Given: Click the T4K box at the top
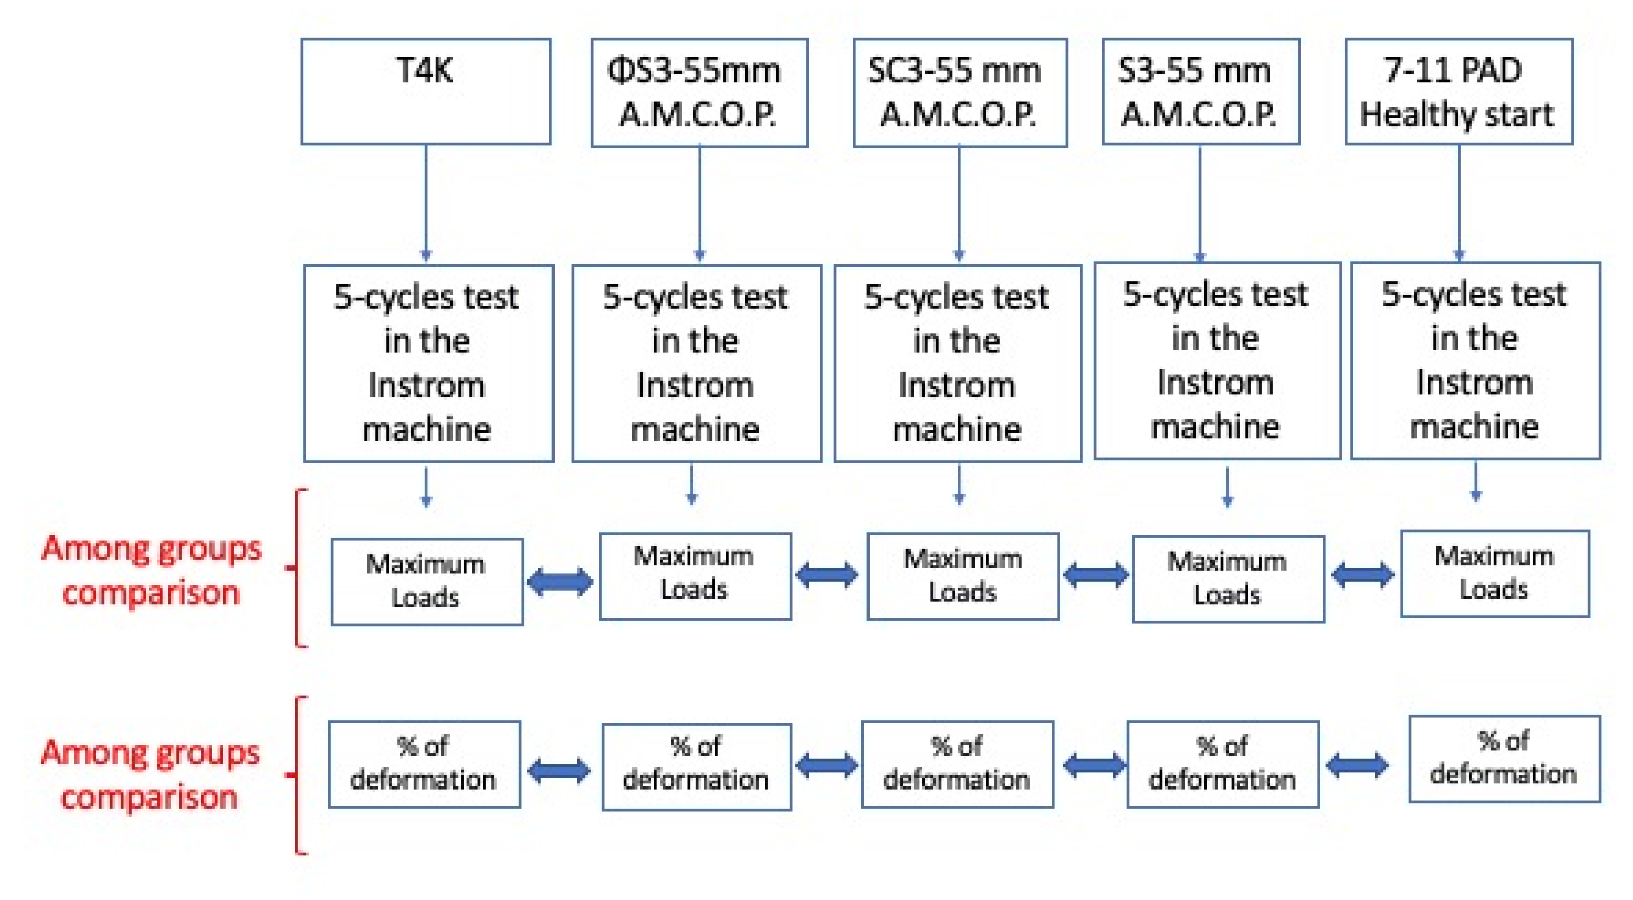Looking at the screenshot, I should (x=425, y=91).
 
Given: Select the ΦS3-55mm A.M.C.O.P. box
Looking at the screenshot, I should (x=699, y=93).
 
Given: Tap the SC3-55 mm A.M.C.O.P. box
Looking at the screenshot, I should (x=959, y=93).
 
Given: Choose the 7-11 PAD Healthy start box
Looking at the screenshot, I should (x=1459, y=91).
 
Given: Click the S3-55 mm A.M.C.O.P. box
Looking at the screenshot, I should (x=1200, y=91).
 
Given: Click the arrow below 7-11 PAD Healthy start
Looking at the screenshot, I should (x=1459, y=202).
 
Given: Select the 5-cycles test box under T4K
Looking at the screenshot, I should (x=428, y=364).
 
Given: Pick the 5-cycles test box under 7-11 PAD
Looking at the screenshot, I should (x=1475, y=361).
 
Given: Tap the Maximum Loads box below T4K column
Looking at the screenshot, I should (x=427, y=582).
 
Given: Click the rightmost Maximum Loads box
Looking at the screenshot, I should (x=1494, y=573).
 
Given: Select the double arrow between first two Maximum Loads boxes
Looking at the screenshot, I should (x=560, y=582).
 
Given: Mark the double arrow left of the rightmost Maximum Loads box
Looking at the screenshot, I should (x=1362, y=575).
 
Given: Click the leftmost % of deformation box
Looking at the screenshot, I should (x=424, y=763).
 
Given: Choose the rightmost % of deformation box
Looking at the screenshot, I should (x=1504, y=759).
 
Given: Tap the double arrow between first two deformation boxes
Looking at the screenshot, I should (x=559, y=770).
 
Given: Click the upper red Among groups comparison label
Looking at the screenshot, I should (x=151, y=571).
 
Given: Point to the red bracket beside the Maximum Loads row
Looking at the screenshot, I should (x=297, y=568).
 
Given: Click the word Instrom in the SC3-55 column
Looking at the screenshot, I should (x=956, y=386).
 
